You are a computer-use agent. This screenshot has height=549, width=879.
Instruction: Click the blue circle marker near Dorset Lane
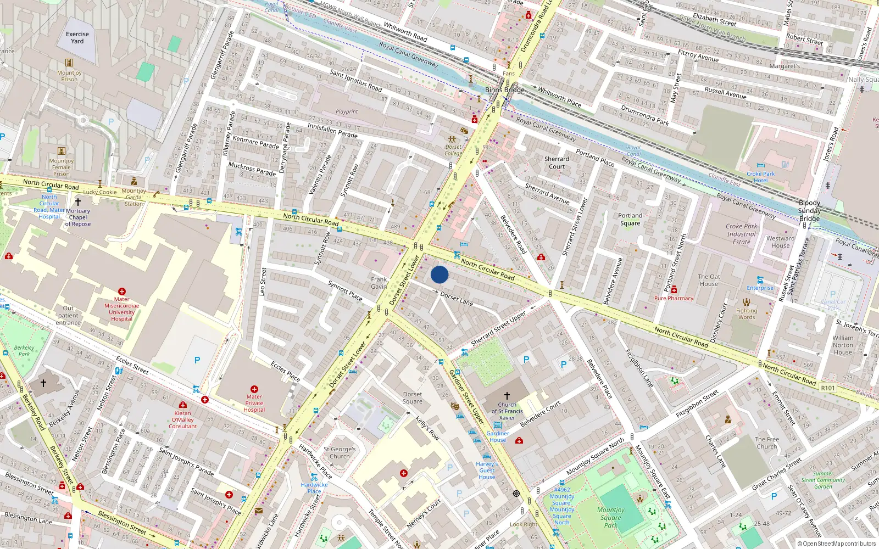pos(439,274)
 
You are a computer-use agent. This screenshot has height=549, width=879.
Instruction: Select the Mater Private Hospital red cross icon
pos(254,389)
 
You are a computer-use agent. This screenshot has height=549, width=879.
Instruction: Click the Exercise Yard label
pos(77,37)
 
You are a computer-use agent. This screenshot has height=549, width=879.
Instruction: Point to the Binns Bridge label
pos(505,89)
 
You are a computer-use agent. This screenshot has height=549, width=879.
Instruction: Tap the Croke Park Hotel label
pos(760,177)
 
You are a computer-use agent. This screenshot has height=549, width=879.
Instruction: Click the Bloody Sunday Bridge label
pos(809,210)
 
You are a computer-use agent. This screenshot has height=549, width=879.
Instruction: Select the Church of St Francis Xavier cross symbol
pos(507,395)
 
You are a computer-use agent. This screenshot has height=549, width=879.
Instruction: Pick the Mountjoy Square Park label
pos(611,518)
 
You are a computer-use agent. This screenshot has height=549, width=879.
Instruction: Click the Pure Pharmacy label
pos(674,298)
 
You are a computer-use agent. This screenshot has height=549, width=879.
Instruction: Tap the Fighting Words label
pos(747,313)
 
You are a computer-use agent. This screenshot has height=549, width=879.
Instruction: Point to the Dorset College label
pos(453,150)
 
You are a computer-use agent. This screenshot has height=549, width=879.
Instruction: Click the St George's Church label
pos(340,452)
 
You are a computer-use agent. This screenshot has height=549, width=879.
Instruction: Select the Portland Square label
pos(630,219)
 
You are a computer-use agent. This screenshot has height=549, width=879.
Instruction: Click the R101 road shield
pos(828,388)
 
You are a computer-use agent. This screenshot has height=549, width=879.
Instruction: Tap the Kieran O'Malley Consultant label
pos(183,419)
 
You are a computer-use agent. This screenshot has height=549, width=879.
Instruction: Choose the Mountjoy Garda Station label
pos(133,197)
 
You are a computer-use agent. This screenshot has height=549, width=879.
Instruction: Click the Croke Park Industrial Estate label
pos(741,234)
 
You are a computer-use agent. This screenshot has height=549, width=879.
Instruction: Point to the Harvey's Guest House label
pos(487,470)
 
